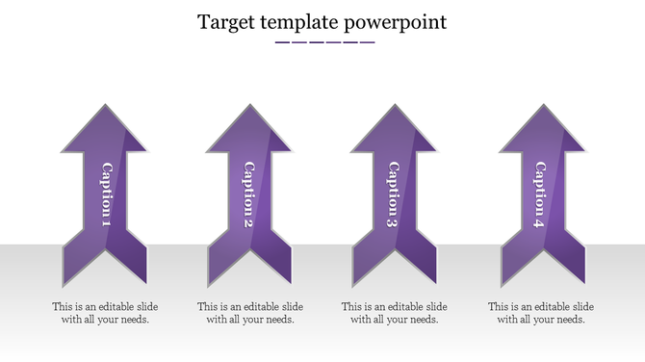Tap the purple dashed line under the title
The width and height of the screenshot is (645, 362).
tap(324, 42)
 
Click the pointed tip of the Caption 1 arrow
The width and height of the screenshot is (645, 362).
tap(105, 107)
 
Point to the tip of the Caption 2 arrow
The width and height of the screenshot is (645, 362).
tap(248, 107)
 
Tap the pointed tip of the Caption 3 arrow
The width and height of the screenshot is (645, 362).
tap(393, 107)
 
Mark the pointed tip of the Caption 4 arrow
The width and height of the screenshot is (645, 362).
tap(542, 107)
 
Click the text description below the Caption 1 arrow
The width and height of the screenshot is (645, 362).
tap(105, 313)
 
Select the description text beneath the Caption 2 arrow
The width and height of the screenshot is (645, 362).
tap(250, 313)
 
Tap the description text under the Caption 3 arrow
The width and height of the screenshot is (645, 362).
tap(395, 313)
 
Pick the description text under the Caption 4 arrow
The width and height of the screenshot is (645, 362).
tap(541, 313)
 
